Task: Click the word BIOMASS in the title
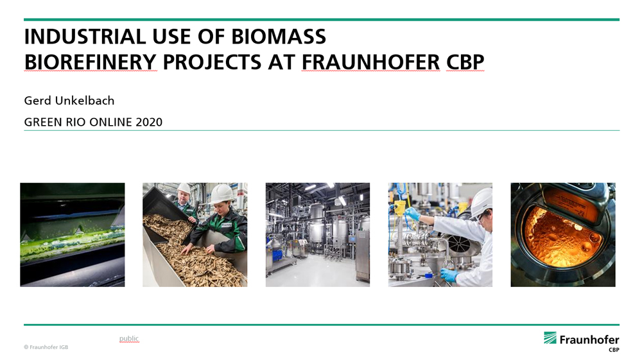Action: tap(279, 37)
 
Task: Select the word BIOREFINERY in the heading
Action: tap(91, 63)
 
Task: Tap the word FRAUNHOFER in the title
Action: tap(371, 63)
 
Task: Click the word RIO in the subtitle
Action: tap(76, 123)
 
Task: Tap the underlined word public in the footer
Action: tap(129, 339)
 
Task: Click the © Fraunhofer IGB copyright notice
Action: tap(46, 347)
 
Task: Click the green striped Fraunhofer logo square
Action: tap(550, 338)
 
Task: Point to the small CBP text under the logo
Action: tap(614, 350)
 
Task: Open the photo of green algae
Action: tap(73, 235)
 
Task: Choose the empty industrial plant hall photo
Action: tap(318, 235)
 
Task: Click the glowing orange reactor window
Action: tap(562, 236)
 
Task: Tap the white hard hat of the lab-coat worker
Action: tap(481, 201)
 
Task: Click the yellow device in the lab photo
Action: tap(399, 207)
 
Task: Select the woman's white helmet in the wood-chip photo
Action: tap(221, 193)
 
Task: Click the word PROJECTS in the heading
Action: tap(212, 63)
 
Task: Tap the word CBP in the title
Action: tap(465, 63)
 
